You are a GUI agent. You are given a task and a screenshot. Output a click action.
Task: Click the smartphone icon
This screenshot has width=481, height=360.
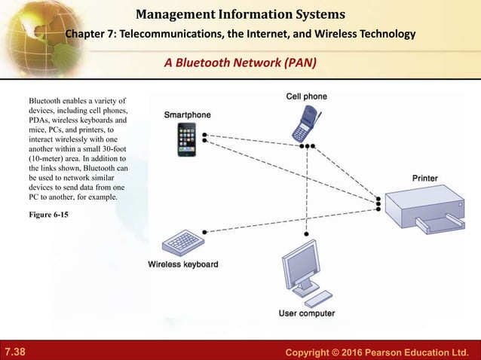click(187, 139)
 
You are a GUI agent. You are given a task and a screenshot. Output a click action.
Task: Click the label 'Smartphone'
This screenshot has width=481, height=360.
click(188, 114)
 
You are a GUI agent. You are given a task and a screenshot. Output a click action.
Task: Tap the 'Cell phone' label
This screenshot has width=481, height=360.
click(306, 96)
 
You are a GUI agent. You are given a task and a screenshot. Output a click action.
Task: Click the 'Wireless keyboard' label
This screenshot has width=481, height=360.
click(183, 264)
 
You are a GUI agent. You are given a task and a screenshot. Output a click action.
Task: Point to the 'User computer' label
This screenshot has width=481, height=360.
click(307, 313)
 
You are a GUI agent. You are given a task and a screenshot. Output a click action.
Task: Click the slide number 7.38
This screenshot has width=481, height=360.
click(14, 352)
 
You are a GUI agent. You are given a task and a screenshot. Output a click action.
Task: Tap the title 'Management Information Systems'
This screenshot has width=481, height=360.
click(240, 14)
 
